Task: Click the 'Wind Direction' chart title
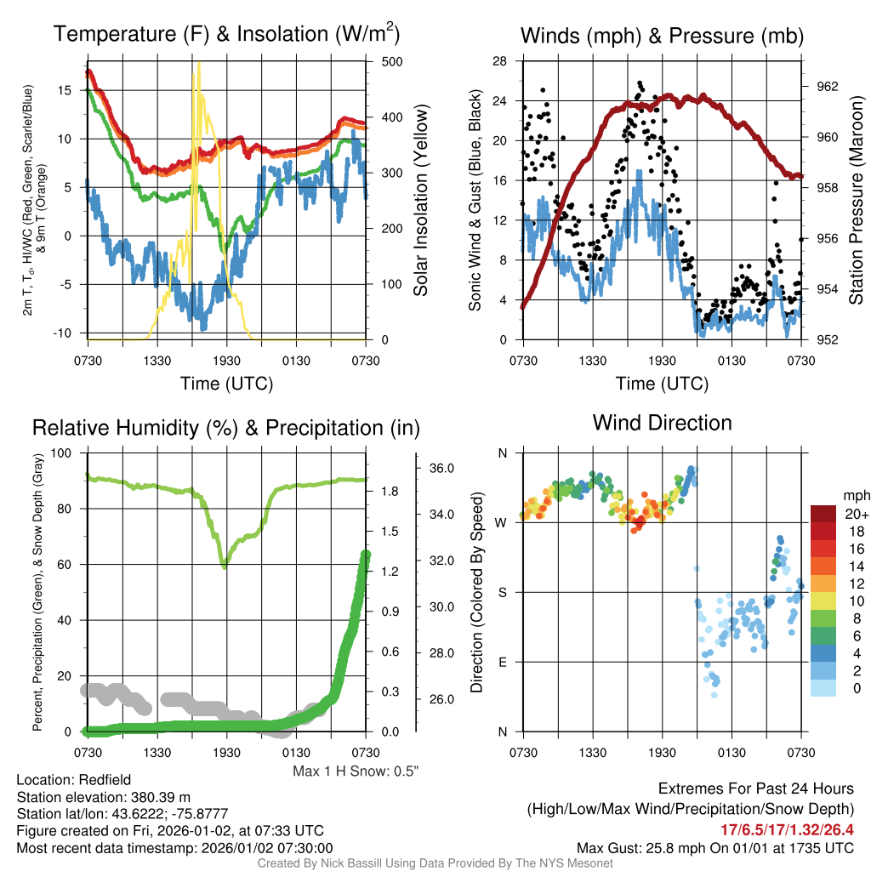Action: tap(662, 423)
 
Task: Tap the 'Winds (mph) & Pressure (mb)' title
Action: tap(662, 36)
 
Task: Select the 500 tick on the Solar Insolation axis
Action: tap(392, 61)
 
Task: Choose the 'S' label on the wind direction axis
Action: tap(502, 592)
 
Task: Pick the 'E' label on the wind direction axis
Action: tap(502, 662)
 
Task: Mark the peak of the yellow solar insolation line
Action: tap(199, 63)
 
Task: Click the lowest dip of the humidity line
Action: tap(225, 566)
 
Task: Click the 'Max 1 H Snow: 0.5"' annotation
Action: tap(356, 771)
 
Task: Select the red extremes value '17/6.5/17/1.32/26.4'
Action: tap(787, 828)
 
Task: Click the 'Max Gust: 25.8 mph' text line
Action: tap(714, 847)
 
